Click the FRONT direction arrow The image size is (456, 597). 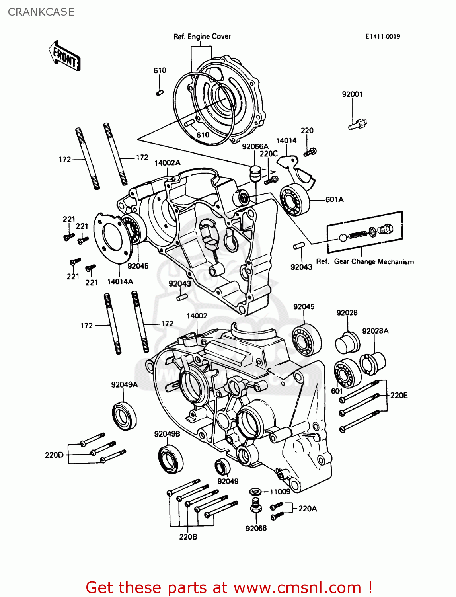point(65,56)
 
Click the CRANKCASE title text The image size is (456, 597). point(41,12)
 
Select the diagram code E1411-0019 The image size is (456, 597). point(382,37)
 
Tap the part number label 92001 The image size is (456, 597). point(352,94)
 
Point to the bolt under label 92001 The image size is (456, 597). point(358,124)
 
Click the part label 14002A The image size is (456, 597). point(167,163)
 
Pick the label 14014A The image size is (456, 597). point(120,282)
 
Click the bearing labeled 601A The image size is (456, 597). point(295,200)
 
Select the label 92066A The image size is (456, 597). point(255,146)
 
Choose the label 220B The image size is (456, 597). point(188,537)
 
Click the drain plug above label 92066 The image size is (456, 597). point(256,506)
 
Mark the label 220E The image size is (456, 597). point(399,395)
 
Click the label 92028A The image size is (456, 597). point(375,331)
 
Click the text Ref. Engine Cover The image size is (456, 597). point(202,37)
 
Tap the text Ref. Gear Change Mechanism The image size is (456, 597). point(365,262)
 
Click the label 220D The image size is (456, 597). point(54,455)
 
